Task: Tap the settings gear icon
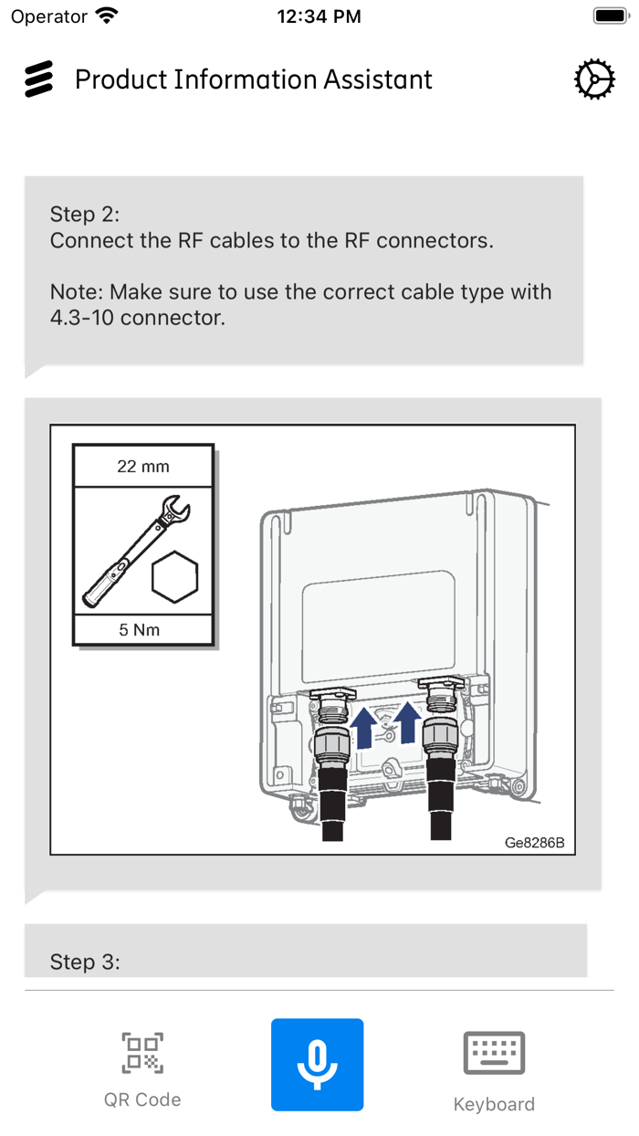[594, 79]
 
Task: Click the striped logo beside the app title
[38, 79]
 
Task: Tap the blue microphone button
[317, 1065]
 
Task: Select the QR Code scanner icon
[142, 1053]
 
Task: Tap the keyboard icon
[494, 1053]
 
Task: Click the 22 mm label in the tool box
[143, 467]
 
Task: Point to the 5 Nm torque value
[140, 630]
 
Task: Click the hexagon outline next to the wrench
[175, 577]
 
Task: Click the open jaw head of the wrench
[175, 508]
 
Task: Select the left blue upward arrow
[363, 728]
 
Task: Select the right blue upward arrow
[407, 723]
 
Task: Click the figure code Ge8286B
[535, 842]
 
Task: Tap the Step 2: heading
[85, 214]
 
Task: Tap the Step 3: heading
[85, 962]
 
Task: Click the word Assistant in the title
[378, 79]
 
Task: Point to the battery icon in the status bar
[611, 16]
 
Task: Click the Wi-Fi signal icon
[108, 16]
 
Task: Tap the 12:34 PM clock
[319, 16]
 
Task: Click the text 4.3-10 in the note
[81, 318]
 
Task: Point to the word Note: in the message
[77, 292]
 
